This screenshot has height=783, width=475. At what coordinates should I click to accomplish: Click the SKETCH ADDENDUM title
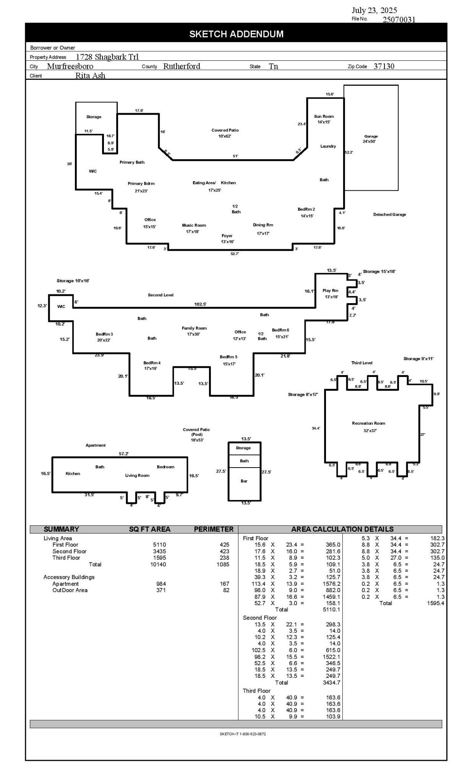pos(236,34)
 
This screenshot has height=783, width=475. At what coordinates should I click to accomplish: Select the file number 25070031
pos(399,19)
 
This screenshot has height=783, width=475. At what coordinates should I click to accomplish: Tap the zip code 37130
pos(384,66)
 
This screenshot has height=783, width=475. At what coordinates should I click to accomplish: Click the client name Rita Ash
pos(90,75)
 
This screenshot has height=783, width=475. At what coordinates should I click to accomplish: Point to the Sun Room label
pos(324,117)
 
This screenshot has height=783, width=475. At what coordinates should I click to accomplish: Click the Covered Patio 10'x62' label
pos(225,133)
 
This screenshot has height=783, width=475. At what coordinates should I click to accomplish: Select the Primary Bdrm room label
pos(141,184)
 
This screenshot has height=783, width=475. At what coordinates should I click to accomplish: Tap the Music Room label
pos(194,225)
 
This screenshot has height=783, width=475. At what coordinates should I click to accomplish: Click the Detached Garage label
pos(389,214)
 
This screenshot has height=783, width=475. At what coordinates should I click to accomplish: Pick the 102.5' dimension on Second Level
pos(200,304)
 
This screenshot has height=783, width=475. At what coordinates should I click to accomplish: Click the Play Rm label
pos(330,291)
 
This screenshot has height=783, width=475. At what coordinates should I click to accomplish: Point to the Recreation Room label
pos(368,423)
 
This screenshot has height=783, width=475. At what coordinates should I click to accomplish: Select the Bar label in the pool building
pos(244,481)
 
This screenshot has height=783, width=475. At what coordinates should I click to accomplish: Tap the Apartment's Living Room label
pos(137,476)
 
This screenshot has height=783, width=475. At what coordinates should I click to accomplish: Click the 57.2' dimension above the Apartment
pos(123,454)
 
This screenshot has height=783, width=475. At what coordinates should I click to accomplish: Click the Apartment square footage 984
pos(161,584)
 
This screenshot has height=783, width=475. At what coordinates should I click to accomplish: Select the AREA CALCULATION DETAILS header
pos(342,529)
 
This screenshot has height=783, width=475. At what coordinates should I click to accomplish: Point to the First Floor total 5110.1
pos(331,609)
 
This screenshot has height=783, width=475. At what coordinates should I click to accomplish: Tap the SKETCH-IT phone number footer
pos(243,734)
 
